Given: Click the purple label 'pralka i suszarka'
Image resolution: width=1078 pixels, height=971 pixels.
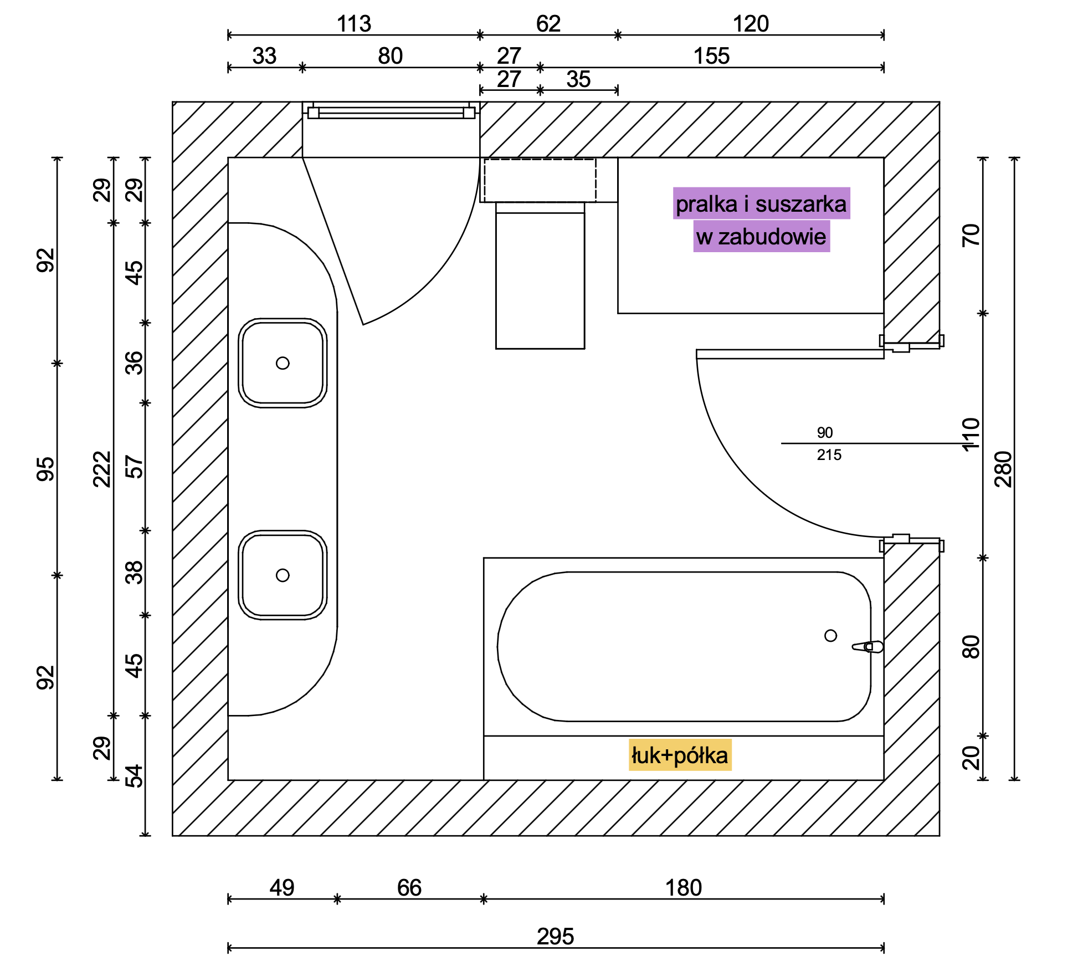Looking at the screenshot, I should (761, 204).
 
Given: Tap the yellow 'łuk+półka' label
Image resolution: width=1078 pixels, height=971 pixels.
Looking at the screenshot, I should (680, 755).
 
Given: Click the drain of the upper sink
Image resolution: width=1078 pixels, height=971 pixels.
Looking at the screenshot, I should (283, 363).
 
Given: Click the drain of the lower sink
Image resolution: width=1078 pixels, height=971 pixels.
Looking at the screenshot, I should (283, 575).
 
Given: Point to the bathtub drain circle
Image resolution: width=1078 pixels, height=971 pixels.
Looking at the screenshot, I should (830, 636).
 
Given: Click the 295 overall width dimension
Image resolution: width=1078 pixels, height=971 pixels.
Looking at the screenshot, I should (555, 937).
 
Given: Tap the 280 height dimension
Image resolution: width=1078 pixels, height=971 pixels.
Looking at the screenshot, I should (1003, 469).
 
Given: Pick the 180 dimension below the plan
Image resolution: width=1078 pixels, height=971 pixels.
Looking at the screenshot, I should (683, 888).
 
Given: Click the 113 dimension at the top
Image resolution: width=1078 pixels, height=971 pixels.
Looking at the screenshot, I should (354, 24).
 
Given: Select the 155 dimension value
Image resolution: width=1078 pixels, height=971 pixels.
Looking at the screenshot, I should (711, 56).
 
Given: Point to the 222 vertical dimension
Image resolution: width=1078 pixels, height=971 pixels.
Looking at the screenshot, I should (102, 469).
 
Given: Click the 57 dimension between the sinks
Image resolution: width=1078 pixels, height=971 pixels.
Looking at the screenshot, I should (134, 467).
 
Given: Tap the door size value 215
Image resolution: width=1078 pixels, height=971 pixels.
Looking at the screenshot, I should (829, 455).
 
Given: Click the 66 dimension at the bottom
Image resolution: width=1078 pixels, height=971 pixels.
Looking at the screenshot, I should (409, 888).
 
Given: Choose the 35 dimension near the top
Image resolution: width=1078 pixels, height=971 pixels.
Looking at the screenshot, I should (578, 79).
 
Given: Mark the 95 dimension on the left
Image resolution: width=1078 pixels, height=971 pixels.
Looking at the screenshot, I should (46, 469).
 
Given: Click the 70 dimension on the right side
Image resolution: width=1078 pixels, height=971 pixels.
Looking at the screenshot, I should (971, 235).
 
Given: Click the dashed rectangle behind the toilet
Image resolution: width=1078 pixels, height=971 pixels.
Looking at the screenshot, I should (540, 180).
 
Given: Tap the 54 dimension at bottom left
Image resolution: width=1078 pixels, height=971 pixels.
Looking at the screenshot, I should (134, 776).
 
